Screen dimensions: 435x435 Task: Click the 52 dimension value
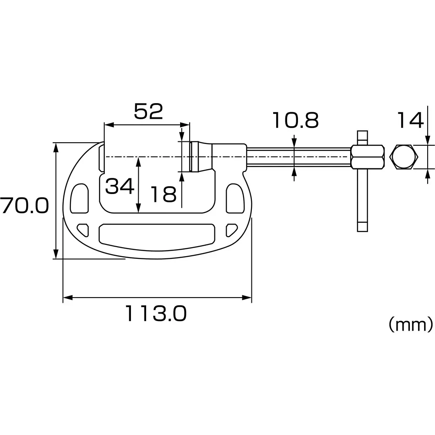click(148, 111)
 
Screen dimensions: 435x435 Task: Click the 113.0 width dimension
click(156, 313)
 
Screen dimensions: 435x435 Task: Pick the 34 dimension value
click(119, 187)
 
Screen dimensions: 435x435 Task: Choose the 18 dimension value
click(163, 194)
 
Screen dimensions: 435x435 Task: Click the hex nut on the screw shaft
click(368, 157)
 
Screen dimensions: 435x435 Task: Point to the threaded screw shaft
click(298, 157)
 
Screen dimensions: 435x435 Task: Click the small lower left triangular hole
click(83, 228)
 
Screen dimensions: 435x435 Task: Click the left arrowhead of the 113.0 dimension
click(66, 298)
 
